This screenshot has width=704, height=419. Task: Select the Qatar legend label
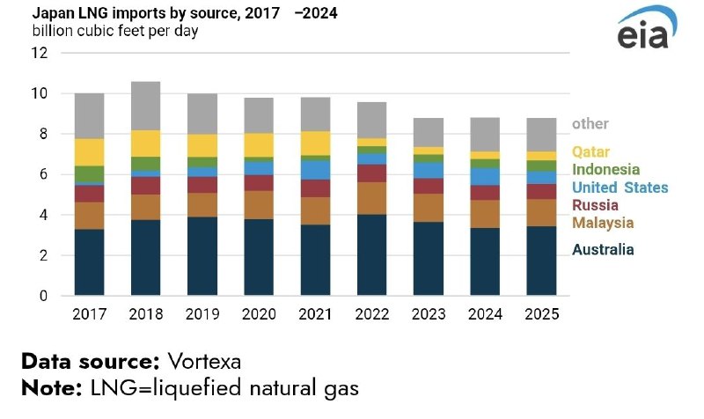(x=590, y=152)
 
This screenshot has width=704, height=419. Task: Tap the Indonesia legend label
(x=605, y=169)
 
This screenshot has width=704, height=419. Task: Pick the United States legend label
(x=620, y=187)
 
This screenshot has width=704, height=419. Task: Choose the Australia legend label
(x=603, y=250)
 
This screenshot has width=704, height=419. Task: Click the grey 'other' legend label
(x=590, y=124)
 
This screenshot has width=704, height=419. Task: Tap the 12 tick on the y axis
(x=38, y=53)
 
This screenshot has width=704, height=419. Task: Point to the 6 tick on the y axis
(x=41, y=174)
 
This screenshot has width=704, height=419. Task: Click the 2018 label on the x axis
(x=145, y=314)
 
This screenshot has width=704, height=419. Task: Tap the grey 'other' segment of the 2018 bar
(x=145, y=106)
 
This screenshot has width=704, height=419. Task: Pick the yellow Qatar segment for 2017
(x=89, y=151)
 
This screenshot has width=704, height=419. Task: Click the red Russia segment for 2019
(x=202, y=184)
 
